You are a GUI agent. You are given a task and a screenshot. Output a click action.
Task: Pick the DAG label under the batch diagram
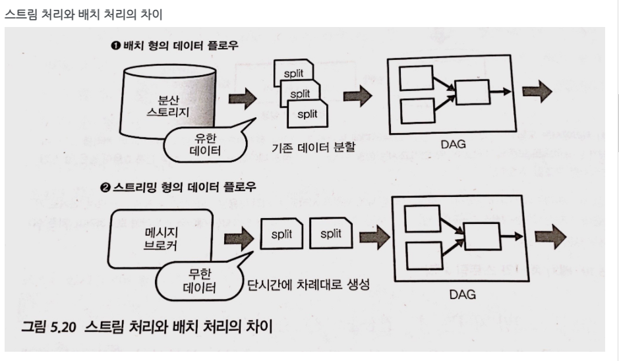454,142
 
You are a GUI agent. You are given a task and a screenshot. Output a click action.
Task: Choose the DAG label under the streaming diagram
462,294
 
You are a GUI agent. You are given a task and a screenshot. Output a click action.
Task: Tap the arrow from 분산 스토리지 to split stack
242,99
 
